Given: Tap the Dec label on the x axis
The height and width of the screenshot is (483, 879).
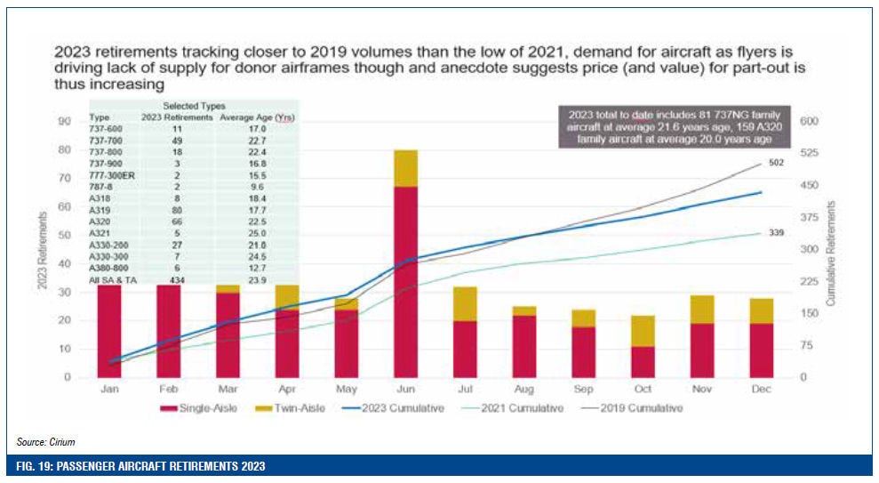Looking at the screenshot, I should pos(760,390).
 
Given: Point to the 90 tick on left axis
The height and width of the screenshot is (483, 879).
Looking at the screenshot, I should pos(64,121).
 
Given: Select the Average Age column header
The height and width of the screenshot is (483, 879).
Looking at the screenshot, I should pos(246,117).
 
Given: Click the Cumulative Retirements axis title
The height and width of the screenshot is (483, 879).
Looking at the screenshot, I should pos(831,254).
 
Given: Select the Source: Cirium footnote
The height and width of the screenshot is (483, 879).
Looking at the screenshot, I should pos(44,441).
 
